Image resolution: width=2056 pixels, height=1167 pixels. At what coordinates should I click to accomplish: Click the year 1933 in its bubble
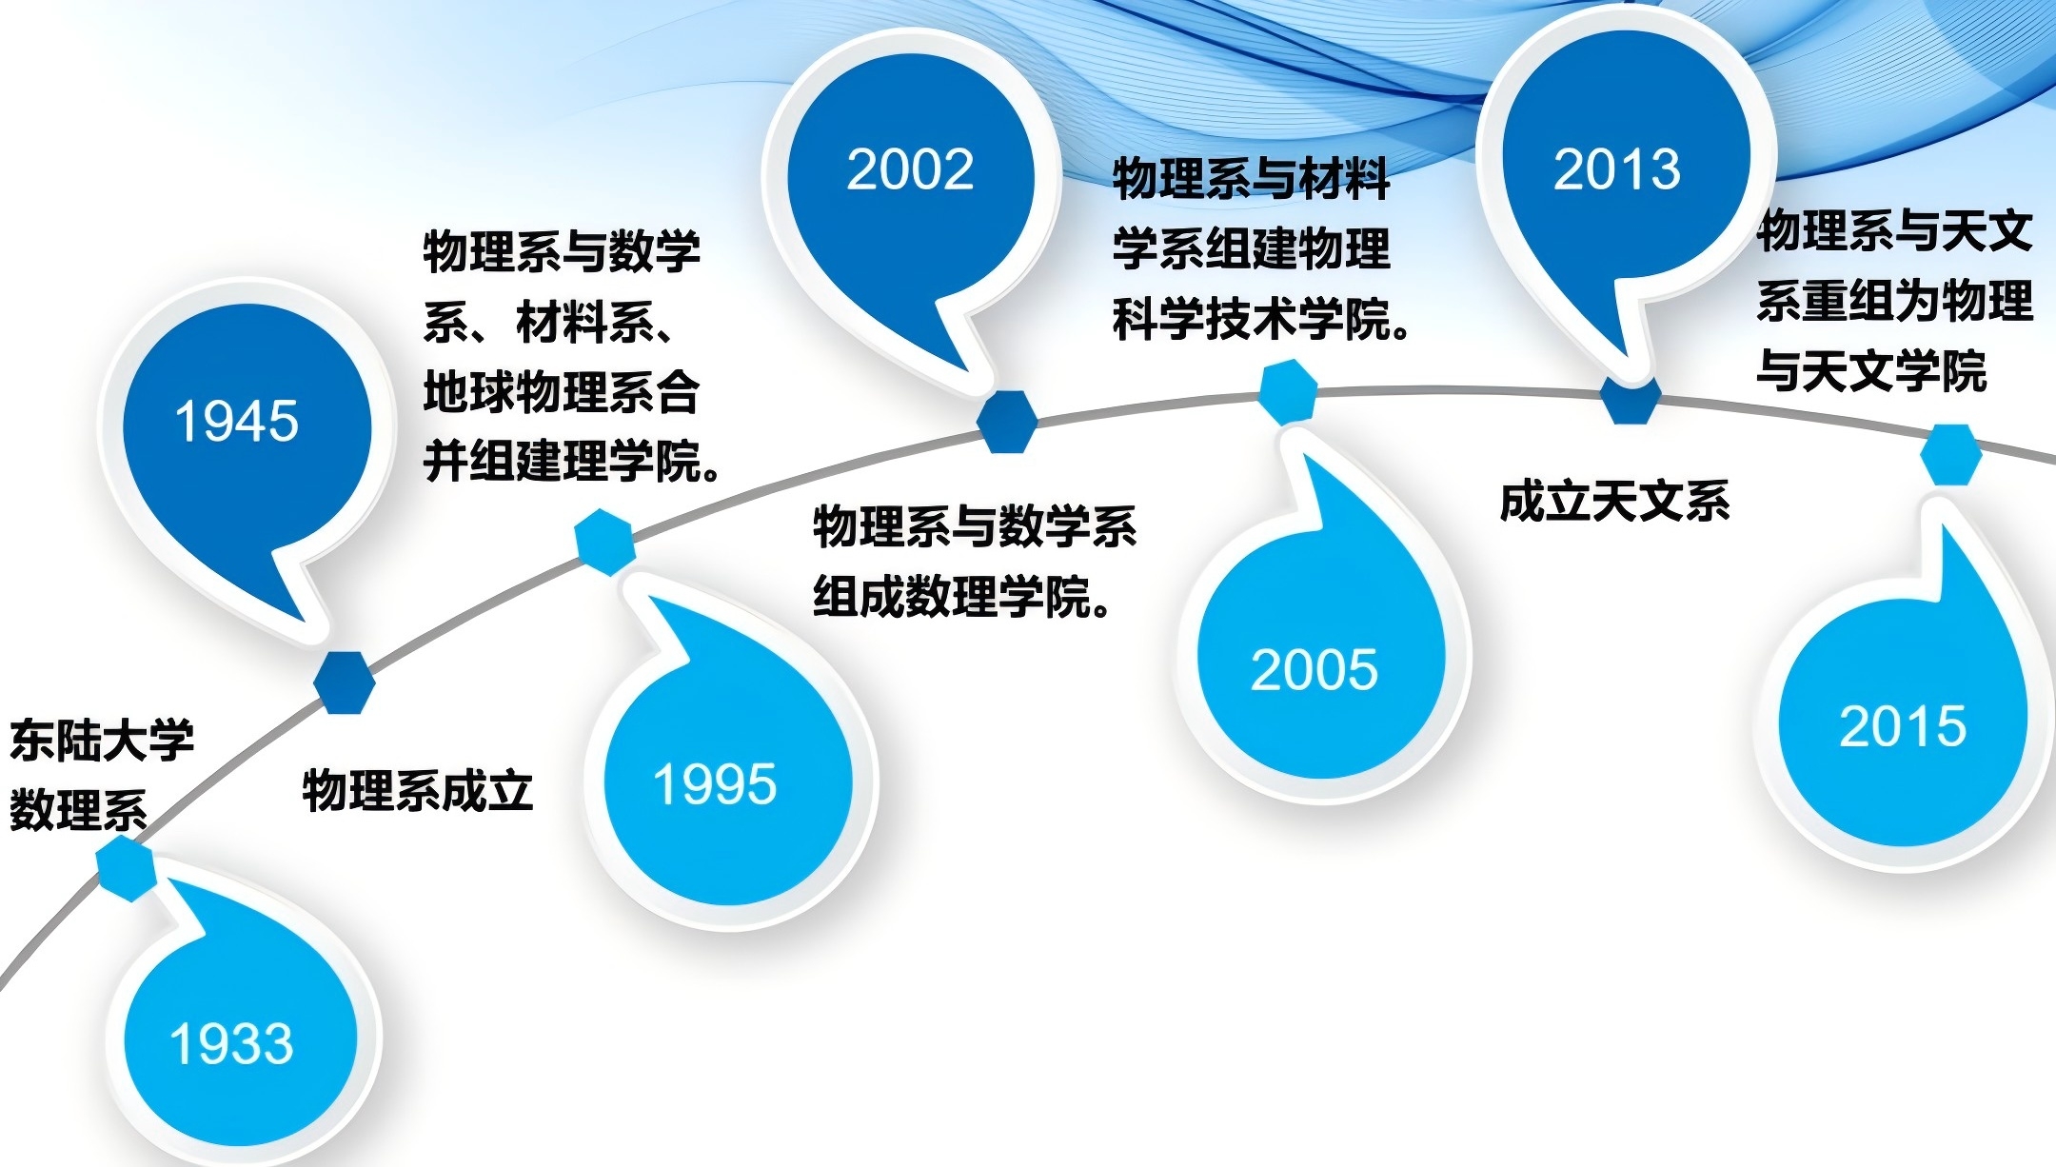(231, 1043)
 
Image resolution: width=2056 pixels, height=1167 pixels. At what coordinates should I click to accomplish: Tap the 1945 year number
(237, 421)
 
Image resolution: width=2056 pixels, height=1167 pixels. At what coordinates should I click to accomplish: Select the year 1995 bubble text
(715, 784)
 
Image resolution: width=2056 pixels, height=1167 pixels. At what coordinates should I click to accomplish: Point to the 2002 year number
(910, 170)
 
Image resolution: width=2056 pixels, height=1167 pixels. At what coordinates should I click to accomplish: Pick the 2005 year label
(1315, 669)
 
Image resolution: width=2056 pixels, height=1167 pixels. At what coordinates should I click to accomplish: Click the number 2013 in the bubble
(1617, 169)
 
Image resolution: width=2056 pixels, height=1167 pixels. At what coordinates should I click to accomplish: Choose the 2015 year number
(1903, 726)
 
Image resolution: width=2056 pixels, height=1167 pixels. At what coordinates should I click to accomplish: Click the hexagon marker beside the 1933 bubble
(126, 868)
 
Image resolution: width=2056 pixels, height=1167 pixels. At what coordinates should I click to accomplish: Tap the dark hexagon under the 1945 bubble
(345, 682)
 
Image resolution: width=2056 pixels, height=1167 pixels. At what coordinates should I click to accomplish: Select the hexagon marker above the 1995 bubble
(605, 542)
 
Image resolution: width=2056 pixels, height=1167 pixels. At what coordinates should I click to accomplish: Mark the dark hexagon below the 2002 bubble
(1007, 422)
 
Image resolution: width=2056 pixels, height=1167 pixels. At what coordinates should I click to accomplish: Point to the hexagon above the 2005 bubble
(1289, 391)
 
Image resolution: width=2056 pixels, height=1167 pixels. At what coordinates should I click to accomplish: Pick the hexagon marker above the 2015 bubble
(1951, 455)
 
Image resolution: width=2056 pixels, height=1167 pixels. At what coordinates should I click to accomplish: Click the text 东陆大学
(102, 741)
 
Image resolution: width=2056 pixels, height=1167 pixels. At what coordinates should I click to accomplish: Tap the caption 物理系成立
(417, 790)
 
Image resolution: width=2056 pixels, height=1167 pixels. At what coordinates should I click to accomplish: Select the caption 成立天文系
(1614, 502)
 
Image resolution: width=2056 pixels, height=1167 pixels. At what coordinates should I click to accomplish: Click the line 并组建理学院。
(572, 462)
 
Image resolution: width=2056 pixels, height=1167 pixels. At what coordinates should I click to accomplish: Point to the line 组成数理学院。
(962, 598)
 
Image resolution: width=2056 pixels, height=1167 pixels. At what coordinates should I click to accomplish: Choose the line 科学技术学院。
(1262, 320)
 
